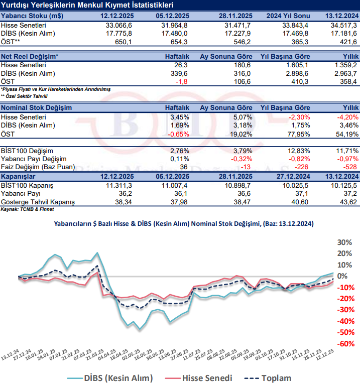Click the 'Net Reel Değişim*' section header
pos(30,57)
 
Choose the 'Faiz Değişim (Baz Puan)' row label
pos(38,167)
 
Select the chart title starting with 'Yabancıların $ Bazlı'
pos(184,224)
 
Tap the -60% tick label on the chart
pos(344,344)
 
